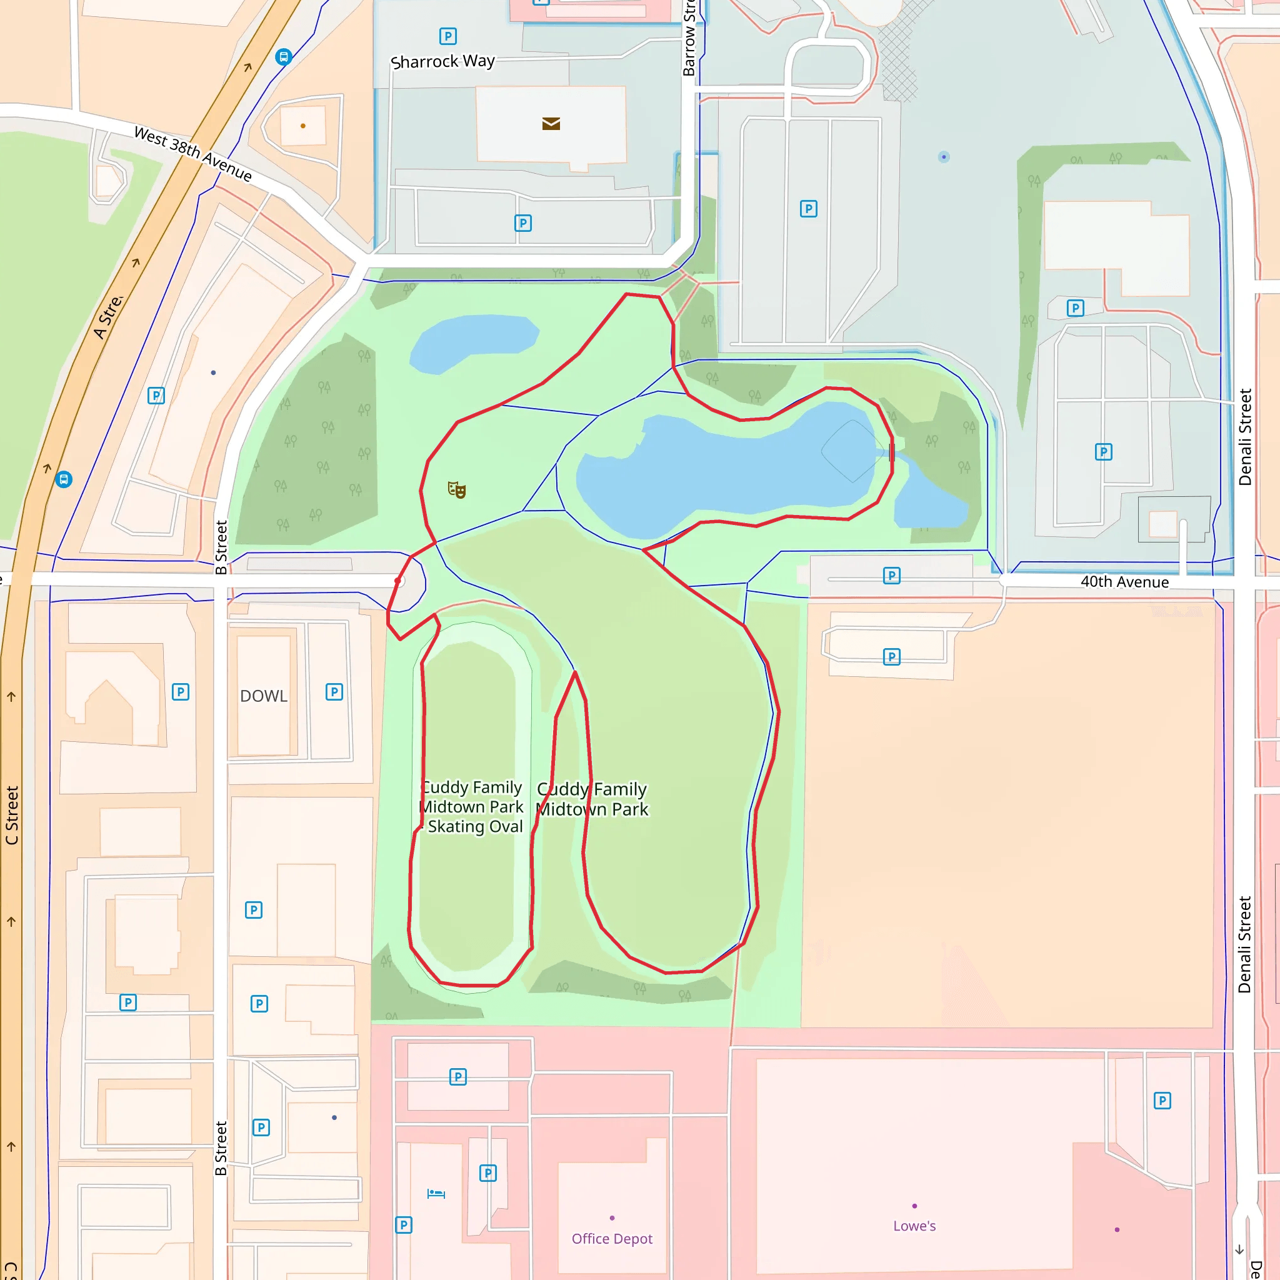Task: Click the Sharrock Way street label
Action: pyautogui.click(x=442, y=62)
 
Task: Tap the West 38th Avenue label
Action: pyautogui.click(x=192, y=154)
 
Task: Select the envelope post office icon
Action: pyautogui.click(x=551, y=124)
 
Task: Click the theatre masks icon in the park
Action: pyautogui.click(x=456, y=490)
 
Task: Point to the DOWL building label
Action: pyautogui.click(x=264, y=696)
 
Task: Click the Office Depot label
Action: pyautogui.click(x=611, y=1238)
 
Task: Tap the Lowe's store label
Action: pyautogui.click(x=914, y=1226)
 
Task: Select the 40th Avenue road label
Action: pyautogui.click(x=1124, y=582)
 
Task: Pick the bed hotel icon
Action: pyautogui.click(x=436, y=1194)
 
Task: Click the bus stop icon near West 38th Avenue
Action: pyautogui.click(x=284, y=57)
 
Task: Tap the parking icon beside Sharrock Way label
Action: pyautogui.click(x=448, y=36)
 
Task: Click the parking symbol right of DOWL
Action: pyautogui.click(x=334, y=692)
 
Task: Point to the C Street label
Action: pyautogui.click(x=12, y=815)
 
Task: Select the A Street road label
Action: pyautogui.click(x=108, y=317)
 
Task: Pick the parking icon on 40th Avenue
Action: pyautogui.click(x=892, y=576)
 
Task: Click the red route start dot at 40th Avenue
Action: pyautogui.click(x=398, y=581)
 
